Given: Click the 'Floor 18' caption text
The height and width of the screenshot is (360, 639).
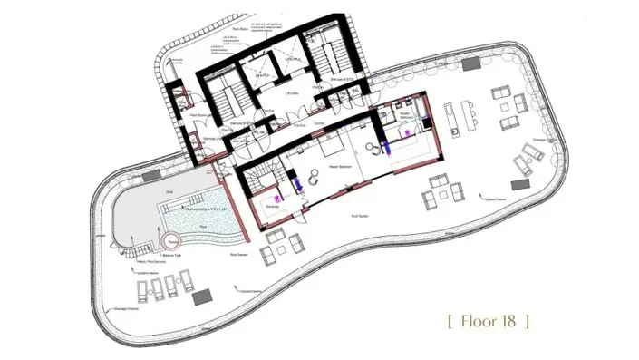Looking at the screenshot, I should (489, 320).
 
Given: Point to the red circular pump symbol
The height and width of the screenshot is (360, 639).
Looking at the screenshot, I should (171, 240).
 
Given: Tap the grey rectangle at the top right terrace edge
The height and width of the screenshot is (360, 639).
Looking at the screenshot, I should (471, 65).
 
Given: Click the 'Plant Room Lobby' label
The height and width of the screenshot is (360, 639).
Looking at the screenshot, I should (201, 116).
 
